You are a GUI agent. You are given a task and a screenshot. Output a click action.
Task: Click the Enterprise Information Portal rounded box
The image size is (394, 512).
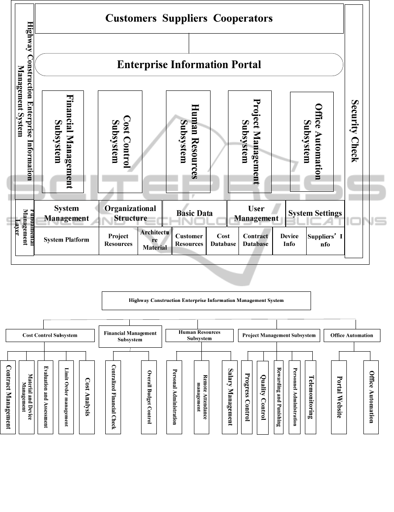tap(189, 65)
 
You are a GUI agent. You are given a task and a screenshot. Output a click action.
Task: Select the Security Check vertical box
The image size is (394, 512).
tap(354, 131)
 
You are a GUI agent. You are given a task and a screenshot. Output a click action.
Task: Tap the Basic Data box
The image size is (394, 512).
tap(194, 213)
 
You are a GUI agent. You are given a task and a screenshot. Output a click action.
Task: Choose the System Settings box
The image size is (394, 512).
tap(315, 213)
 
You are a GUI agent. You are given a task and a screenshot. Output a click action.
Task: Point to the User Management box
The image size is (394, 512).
tap(256, 213)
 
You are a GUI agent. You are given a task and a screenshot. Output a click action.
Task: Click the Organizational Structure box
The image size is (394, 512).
tap(130, 213)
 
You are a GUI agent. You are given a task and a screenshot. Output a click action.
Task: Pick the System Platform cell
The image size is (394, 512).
tap(66, 240)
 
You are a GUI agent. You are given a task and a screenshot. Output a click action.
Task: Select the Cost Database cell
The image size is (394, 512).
tap(223, 240)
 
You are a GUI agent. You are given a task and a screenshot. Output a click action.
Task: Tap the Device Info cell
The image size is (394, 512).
tap(289, 240)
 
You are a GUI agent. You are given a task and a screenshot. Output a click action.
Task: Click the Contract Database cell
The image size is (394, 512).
tap(256, 240)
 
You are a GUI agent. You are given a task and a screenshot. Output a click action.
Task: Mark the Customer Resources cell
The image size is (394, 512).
tap(189, 240)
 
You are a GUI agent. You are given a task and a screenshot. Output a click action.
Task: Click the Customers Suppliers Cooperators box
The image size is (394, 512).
tap(189, 18)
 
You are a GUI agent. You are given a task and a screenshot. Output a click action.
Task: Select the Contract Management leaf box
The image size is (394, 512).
tap(8, 397)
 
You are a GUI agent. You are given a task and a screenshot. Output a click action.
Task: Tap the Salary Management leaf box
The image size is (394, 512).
tap(230, 397)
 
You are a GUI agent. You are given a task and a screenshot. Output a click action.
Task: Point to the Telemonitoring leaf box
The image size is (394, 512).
tap(310, 397)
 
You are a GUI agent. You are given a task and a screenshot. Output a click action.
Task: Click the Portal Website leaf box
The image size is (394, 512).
tap(339, 397)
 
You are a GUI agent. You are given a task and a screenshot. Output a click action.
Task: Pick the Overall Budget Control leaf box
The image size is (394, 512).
tap(149, 397)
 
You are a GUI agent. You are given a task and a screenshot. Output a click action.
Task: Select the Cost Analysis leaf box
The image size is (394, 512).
tap(87, 397)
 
